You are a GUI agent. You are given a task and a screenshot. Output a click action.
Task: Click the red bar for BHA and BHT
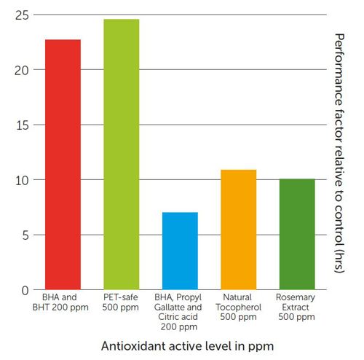point(63,165)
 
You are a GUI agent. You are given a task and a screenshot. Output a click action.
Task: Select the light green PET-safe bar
point(122,154)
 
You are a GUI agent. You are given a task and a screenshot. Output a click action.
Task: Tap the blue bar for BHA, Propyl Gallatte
point(180,251)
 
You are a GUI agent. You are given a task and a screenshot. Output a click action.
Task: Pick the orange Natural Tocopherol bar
point(239,230)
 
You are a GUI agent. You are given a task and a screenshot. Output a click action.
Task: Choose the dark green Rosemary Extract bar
point(297,234)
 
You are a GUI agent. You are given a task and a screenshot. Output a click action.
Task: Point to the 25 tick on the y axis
point(22,15)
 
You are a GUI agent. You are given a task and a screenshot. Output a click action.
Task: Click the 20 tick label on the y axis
point(22,71)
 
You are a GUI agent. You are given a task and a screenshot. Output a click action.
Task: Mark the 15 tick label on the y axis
point(23,125)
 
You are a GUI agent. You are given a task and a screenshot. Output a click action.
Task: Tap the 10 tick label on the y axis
point(23,181)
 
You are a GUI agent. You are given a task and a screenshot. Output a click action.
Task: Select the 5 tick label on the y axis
point(25,235)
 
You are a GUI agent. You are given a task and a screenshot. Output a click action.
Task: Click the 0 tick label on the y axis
point(25,291)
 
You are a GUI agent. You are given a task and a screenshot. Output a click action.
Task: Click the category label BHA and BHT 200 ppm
point(60,302)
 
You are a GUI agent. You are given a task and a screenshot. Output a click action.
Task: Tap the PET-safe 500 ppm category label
point(121,302)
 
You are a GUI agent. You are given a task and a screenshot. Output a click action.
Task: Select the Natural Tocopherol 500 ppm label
point(238,307)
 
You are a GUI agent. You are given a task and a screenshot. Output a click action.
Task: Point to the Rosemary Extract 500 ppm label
point(296,307)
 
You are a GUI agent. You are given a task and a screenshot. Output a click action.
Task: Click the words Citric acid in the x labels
point(178,317)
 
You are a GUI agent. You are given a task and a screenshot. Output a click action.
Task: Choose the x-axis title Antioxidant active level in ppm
point(187,346)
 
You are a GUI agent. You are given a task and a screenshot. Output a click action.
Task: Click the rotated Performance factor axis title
point(339,153)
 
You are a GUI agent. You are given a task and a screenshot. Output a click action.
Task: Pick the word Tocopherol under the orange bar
point(238,308)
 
